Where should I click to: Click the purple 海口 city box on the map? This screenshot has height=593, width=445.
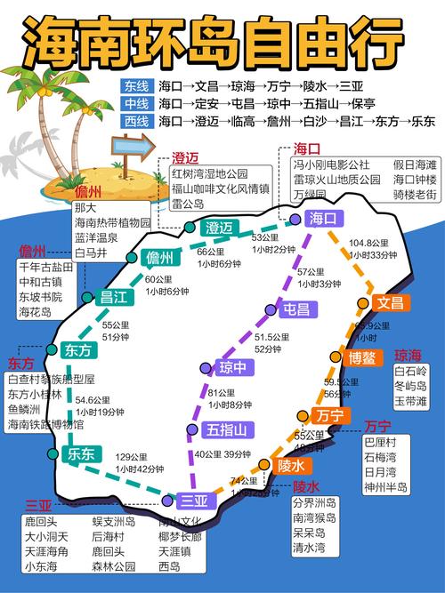coord(320,218)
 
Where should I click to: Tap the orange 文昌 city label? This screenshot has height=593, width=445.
coord(389,303)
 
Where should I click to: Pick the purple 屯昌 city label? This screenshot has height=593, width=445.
coord(295,310)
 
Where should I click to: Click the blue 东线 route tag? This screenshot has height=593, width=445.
coord(137,87)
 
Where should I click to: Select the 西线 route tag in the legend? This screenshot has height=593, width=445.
coord(137,121)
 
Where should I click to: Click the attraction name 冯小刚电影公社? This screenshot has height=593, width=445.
coord(331,164)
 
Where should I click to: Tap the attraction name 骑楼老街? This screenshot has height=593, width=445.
coord(415,194)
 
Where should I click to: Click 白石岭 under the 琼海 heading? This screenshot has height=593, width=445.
coord(411,371)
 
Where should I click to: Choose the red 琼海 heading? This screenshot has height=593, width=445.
coord(409,355)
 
